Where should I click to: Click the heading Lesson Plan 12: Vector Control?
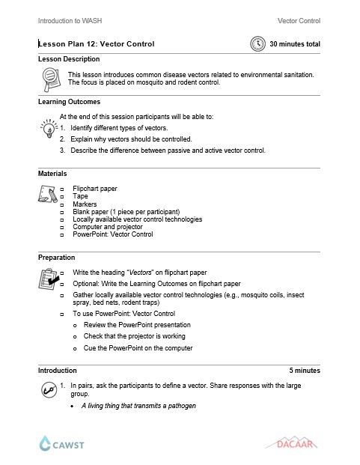click(97, 44)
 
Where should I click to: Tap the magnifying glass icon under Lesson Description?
click(50, 78)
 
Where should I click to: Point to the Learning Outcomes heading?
click(69, 101)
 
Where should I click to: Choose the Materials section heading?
click(52, 174)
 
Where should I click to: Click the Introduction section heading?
click(57, 370)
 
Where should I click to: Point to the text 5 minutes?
click(304, 370)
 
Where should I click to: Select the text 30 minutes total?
click(295, 44)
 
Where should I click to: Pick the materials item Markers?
click(85, 204)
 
